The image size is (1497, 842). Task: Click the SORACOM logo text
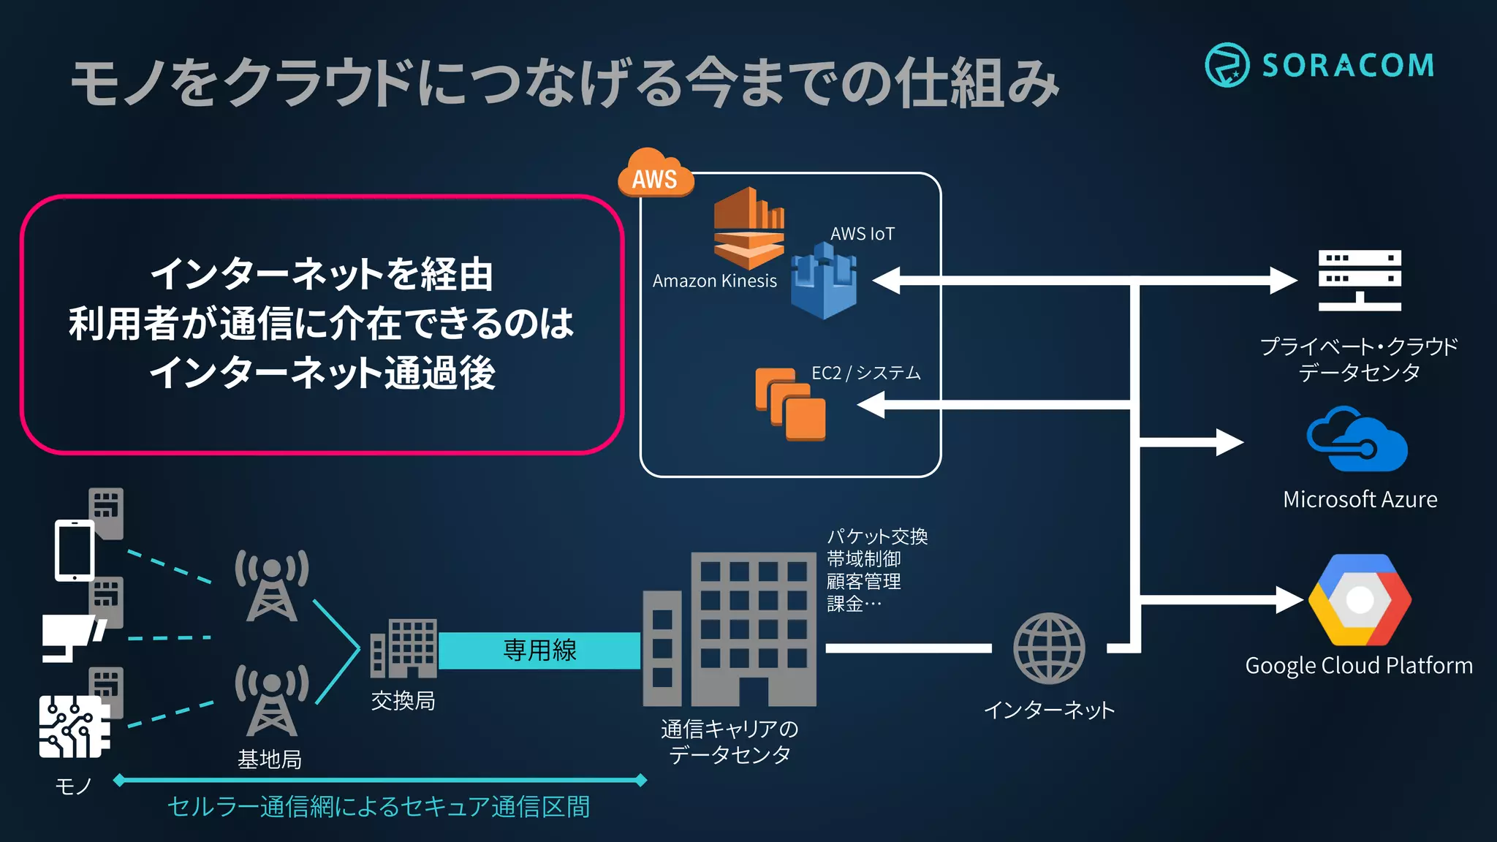click(x=1347, y=66)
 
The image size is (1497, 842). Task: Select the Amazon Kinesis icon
click(x=748, y=228)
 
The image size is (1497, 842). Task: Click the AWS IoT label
click(x=862, y=234)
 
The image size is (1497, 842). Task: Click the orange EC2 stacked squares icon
click(x=790, y=404)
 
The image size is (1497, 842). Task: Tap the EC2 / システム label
click(x=865, y=373)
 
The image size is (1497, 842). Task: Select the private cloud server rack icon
click(x=1359, y=281)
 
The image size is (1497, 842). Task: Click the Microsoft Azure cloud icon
click(x=1357, y=440)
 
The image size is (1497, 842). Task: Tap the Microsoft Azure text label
click(x=1360, y=499)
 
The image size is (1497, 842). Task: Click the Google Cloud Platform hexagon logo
click(x=1360, y=600)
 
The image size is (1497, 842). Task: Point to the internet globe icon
click(x=1049, y=648)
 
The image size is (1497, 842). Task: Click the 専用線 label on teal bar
click(x=539, y=650)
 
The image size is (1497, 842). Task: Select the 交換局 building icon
click(x=404, y=648)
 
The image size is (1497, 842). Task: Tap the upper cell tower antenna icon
click(x=272, y=585)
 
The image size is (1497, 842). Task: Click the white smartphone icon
click(x=75, y=550)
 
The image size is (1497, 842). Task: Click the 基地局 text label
click(x=270, y=759)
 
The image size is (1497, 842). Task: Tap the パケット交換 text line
click(x=876, y=536)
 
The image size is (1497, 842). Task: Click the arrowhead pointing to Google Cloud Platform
click(x=1289, y=600)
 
